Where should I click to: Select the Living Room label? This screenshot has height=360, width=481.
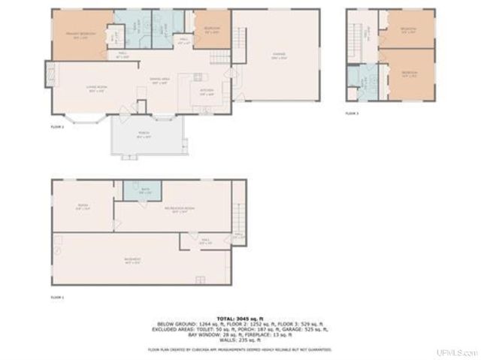click(x=95, y=89)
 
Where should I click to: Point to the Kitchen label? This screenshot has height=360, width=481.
click(x=207, y=92)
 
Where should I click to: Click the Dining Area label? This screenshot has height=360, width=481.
click(x=159, y=81)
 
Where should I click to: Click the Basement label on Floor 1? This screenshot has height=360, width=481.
click(x=132, y=262)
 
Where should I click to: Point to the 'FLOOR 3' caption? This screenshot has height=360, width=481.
click(x=352, y=113)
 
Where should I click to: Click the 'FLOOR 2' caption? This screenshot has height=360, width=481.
click(x=57, y=127)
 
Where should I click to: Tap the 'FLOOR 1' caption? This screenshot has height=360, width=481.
click(x=57, y=298)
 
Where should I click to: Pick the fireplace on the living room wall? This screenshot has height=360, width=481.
click(x=50, y=74)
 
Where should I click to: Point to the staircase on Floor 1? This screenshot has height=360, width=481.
click(x=238, y=207)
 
